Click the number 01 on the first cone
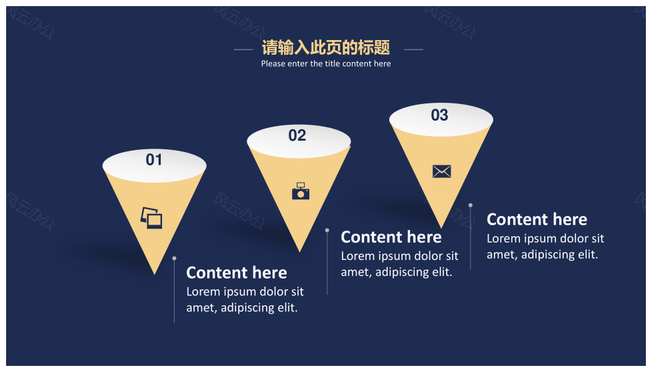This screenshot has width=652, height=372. point(154,160)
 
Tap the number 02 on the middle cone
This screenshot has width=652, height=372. point(297,136)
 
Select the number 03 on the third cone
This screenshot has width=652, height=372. point(439,115)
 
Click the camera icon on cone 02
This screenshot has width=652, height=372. point(301,191)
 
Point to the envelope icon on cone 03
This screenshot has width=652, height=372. point(441,171)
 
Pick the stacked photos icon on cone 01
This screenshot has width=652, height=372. point(151,218)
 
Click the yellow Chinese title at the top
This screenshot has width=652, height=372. point(325,48)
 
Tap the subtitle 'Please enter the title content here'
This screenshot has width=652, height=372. point(326,64)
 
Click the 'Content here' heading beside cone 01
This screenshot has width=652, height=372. point(236,273)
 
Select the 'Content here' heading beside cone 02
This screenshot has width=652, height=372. point(391,237)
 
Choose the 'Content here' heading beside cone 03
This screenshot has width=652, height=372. point(537,219)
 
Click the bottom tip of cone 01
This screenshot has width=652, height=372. point(155,274)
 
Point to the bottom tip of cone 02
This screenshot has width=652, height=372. point(300,251)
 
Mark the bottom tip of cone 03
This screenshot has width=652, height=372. point(441,228)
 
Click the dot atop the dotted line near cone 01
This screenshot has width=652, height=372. point(175,259)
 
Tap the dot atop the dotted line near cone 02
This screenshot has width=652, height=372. point(327,230)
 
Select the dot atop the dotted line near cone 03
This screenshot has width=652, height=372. point(470,205)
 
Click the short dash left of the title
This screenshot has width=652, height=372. point(243,50)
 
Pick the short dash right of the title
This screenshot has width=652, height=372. point(414,50)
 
